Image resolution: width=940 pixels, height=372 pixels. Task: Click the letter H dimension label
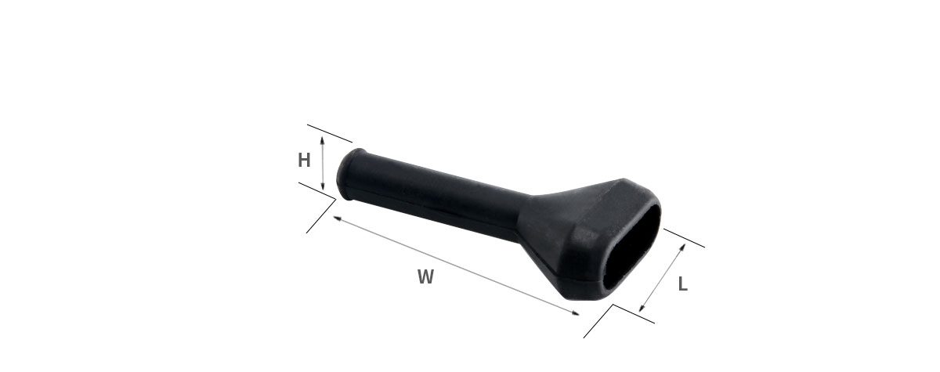point(304,161)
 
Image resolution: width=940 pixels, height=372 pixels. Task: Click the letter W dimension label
point(425,277)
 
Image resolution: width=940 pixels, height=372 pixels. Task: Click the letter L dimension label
point(683,284)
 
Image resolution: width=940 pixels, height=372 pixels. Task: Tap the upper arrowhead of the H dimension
point(322,139)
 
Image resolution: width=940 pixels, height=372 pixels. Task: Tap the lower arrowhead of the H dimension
point(322,186)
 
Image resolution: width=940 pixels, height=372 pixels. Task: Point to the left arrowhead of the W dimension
point(337,218)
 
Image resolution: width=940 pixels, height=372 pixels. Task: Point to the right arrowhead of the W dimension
point(576,312)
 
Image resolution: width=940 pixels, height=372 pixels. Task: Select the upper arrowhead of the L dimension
point(682,247)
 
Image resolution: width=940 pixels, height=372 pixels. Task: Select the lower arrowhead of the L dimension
point(642,309)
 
